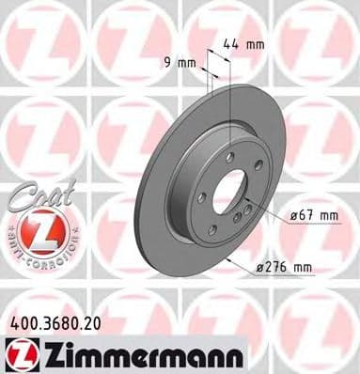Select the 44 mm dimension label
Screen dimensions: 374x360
click(243, 42)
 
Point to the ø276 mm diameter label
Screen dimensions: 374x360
click(284, 267)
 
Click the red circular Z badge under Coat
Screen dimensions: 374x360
click(37, 231)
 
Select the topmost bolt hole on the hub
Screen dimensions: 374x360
click(229, 155)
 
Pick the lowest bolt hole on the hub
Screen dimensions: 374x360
click(213, 229)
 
